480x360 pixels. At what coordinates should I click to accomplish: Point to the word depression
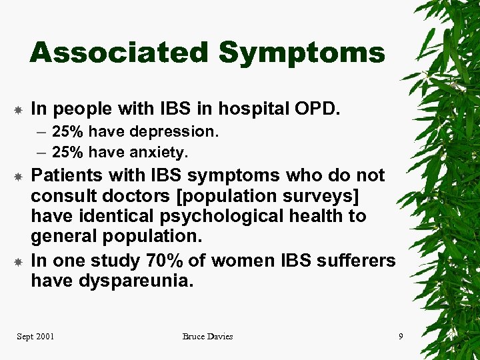179,132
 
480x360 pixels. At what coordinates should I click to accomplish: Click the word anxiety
160,153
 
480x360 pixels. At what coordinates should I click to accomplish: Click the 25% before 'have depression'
67,132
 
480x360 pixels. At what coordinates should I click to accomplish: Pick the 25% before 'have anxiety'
67,153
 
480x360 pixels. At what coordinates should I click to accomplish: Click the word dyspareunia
135,281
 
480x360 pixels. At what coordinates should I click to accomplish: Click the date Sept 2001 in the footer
35,336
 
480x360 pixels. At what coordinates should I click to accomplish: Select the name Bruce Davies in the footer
207,336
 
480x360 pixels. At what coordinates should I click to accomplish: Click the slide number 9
401,336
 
